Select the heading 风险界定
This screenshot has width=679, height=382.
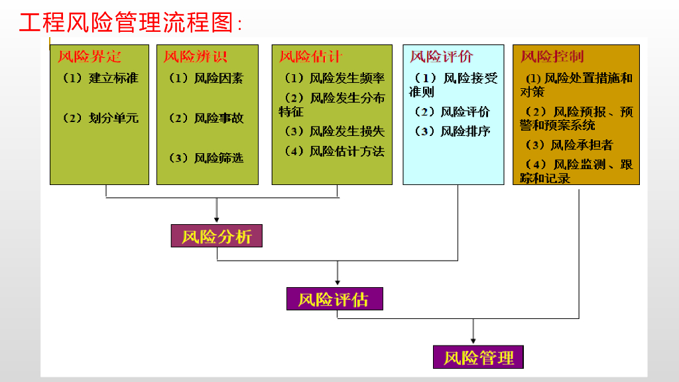90,56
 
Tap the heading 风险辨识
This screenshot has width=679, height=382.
196,56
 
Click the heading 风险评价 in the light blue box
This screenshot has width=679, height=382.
442,56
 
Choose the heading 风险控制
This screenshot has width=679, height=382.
552,56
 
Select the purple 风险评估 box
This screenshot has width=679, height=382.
334,299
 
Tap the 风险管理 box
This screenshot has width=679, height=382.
479,357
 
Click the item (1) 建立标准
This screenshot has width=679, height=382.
101,78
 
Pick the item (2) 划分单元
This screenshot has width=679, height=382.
101,118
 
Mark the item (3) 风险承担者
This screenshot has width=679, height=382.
569,145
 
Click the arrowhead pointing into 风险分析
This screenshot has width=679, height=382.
217,221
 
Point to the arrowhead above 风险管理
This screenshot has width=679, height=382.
473,340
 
